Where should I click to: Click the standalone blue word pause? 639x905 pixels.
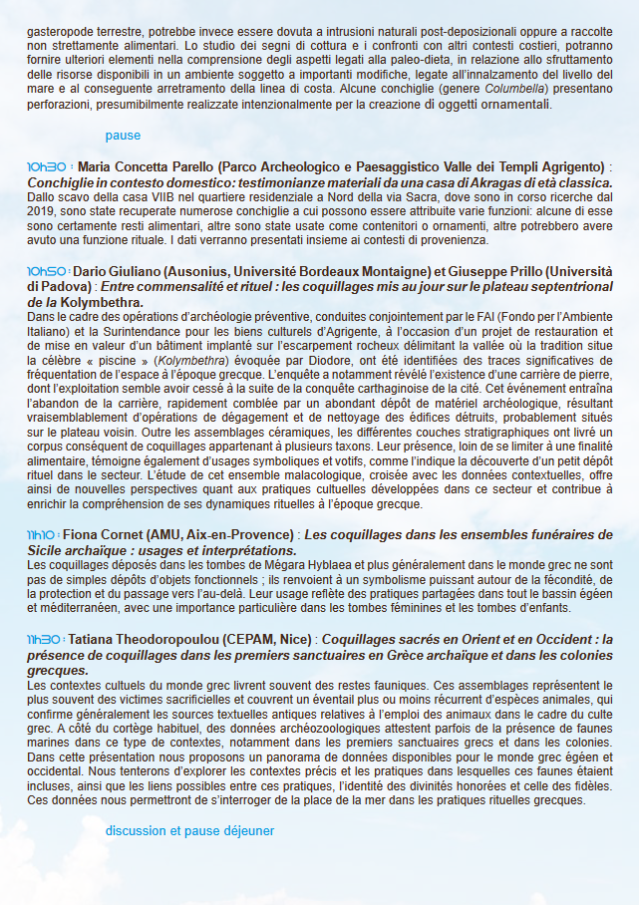123,136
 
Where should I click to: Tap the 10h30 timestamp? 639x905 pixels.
47,166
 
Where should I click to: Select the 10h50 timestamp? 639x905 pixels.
47,272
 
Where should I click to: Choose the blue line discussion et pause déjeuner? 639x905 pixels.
189,830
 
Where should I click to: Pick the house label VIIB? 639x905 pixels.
157,198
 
